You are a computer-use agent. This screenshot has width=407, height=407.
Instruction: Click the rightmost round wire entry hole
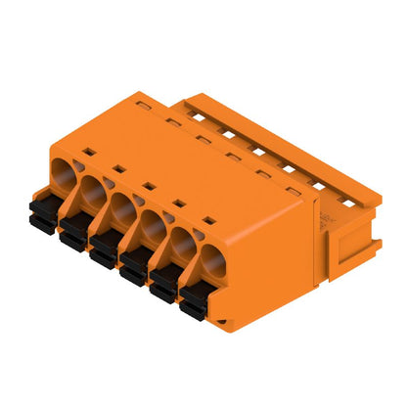pyautogui.click(x=213, y=263)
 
